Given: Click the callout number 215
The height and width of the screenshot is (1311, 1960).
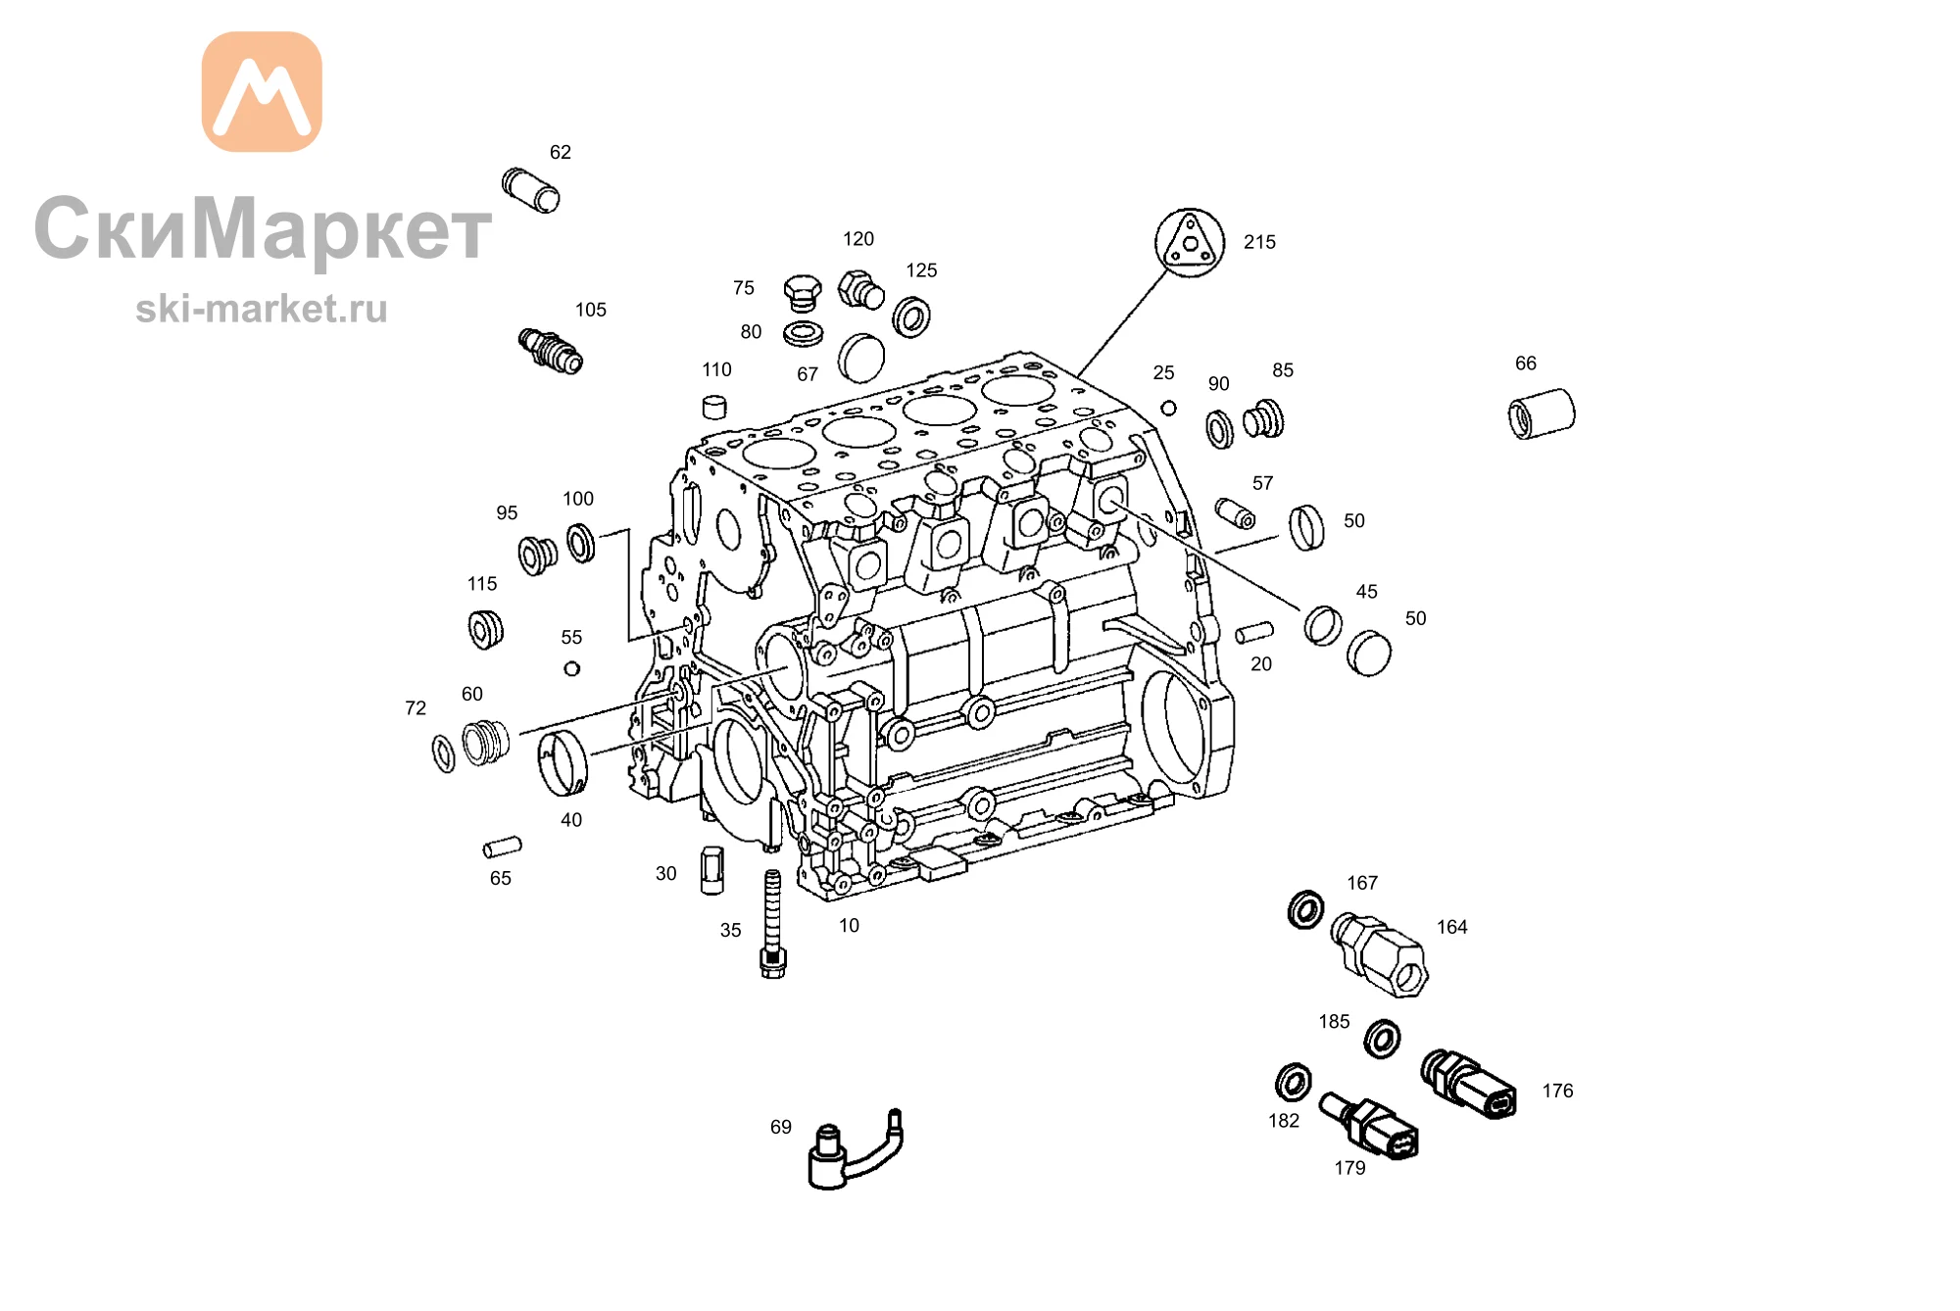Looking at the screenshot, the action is tap(1259, 242).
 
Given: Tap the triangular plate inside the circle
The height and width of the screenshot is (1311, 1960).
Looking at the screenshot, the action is tap(1190, 241).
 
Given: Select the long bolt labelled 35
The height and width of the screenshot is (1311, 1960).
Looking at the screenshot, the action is tap(773, 924).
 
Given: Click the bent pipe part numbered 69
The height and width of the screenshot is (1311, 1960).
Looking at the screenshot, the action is tap(854, 1150).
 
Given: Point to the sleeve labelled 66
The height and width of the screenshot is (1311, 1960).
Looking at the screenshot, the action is tap(1542, 413).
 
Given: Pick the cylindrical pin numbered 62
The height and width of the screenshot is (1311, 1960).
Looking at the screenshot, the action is tap(531, 190).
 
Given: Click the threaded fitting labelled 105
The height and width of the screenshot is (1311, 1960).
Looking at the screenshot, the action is tap(551, 350).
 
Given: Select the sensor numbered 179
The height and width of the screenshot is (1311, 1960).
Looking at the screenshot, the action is tap(1369, 1126).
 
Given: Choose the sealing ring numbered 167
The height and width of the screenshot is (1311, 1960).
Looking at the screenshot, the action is tap(1305, 909).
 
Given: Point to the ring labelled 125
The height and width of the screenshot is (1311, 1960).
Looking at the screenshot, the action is tap(911, 316).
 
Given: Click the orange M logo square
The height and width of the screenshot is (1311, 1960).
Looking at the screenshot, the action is tap(262, 91).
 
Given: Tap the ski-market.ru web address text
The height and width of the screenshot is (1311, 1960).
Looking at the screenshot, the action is tap(262, 309).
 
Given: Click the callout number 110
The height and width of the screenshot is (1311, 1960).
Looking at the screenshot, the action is tap(716, 369).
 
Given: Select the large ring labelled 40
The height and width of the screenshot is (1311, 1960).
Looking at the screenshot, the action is tap(563, 762).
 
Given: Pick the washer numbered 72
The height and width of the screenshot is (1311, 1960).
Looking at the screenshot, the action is tap(444, 753).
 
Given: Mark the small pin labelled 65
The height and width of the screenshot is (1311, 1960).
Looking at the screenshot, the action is tap(503, 847).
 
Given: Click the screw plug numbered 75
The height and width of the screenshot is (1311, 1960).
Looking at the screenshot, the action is tap(803, 293).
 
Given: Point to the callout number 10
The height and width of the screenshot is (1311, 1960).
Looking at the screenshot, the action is tap(849, 925).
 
